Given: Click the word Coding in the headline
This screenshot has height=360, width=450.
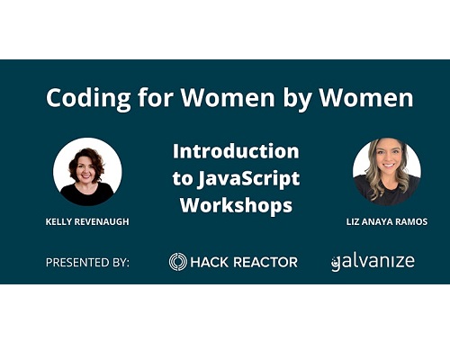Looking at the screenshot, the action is pos(88,98).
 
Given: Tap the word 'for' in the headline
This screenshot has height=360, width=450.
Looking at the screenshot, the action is pos(156,97).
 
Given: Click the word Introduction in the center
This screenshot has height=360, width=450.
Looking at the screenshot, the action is pos(236,151).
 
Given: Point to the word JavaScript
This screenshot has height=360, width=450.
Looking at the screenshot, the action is pos(248,179).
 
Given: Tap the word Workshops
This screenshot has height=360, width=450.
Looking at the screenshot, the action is pos(236,205).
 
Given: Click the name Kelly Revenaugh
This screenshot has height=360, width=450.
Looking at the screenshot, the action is pos(87,221).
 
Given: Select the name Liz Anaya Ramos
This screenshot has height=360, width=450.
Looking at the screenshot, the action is pos(387,221).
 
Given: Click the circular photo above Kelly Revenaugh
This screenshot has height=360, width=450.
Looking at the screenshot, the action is pos(87,172).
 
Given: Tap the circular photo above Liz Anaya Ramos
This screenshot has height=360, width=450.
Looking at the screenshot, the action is pos(387,172).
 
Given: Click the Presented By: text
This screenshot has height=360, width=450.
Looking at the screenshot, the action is pos(87,263).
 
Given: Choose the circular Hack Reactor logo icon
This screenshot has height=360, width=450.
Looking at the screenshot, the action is pos(178,262).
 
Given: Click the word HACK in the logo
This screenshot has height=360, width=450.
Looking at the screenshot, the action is pos(209,262).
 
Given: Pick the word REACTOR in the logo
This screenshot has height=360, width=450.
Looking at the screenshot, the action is pos(265,262).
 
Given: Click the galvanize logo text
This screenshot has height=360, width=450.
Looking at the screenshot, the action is pos(373,262).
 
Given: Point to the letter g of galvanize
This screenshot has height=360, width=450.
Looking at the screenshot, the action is pos(336,264).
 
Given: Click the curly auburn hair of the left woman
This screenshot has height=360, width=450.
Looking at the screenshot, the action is pos(87,159).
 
